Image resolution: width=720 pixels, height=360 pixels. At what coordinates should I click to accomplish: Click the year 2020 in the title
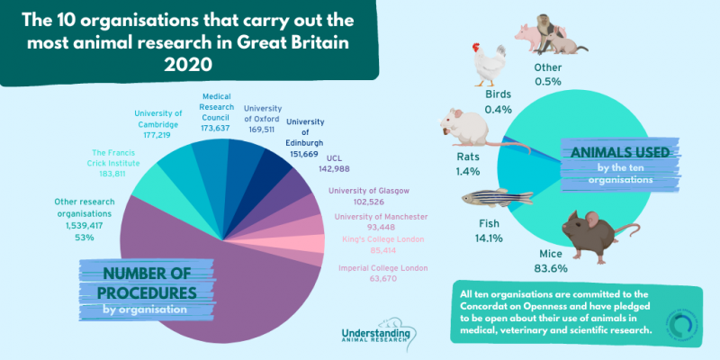[188, 67]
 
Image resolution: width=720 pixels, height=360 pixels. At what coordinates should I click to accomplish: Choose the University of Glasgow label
[369, 191]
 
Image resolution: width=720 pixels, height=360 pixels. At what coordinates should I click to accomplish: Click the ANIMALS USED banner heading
[617, 152]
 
